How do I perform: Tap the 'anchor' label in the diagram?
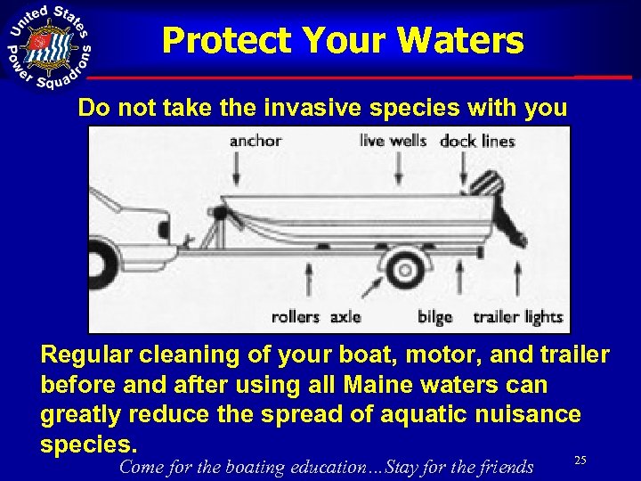[x=256, y=140]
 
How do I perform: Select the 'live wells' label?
[x=393, y=140]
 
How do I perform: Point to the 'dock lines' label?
[x=477, y=141]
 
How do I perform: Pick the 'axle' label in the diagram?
[x=345, y=316]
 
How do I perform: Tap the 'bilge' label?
[x=434, y=316]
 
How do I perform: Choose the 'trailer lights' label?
[x=517, y=316]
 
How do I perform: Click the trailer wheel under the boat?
[x=406, y=267]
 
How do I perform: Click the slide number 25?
[x=580, y=460]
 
